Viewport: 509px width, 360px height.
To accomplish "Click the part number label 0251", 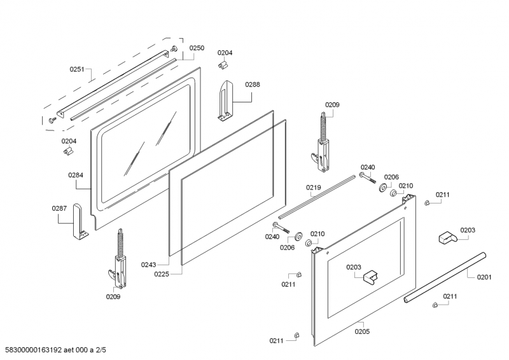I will click(77, 69).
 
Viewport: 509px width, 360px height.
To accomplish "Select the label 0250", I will click(197, 48).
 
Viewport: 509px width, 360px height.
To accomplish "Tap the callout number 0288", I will click(253, 84).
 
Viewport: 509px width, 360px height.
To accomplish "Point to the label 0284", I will click(76, 174).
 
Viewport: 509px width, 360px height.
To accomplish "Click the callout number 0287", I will click(59, 208).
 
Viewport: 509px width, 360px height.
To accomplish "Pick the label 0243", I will click(149, 265).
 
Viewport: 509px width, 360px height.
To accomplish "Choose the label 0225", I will click(162, 274).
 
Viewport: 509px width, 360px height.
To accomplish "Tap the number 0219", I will click(313, 188).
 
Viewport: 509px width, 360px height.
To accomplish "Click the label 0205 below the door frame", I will click(362, 331).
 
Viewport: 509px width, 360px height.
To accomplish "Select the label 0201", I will click(484, 277).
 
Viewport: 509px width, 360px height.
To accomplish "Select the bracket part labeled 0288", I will click(225, 99).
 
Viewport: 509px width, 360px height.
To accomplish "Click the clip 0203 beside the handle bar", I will click(447, 238).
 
